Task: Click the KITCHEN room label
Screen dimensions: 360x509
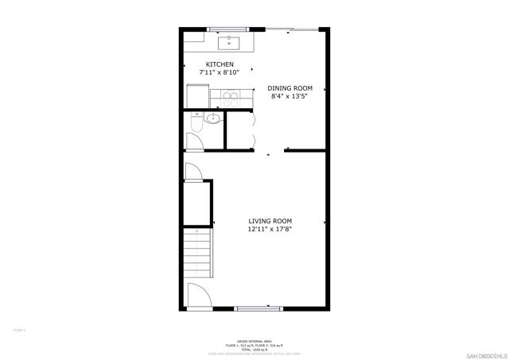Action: pyautogui.click(x=220, y=64)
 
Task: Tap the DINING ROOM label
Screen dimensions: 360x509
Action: pyautogui.click(x=289, y=88)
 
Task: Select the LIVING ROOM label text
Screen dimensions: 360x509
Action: pyautogui.click(x=270, y=221)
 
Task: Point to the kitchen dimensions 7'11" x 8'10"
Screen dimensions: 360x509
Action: pyautogui.click(x=220, y=73)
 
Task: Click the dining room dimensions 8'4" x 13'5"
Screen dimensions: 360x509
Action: pyautogui.click(x=289, y=97)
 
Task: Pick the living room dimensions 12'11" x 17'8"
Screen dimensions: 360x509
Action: pyautogui.click(x=270, y=230)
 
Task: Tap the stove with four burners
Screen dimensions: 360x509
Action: pyautogui.click(x=230, y=99)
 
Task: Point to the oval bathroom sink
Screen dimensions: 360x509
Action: pyautogui.click(x=213, y=119)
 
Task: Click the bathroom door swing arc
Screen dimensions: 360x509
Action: pyautogui.click(x=196, y=140)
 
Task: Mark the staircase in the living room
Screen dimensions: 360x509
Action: pyautogui.click(x=197, y=250)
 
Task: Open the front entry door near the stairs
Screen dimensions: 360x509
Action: pyautogui.click(x=197, y=297)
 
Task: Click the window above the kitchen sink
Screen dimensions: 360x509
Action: pyautogui.click(x=230, y=29)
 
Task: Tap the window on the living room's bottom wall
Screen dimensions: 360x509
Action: pyautogui.click(x=258, y=307)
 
